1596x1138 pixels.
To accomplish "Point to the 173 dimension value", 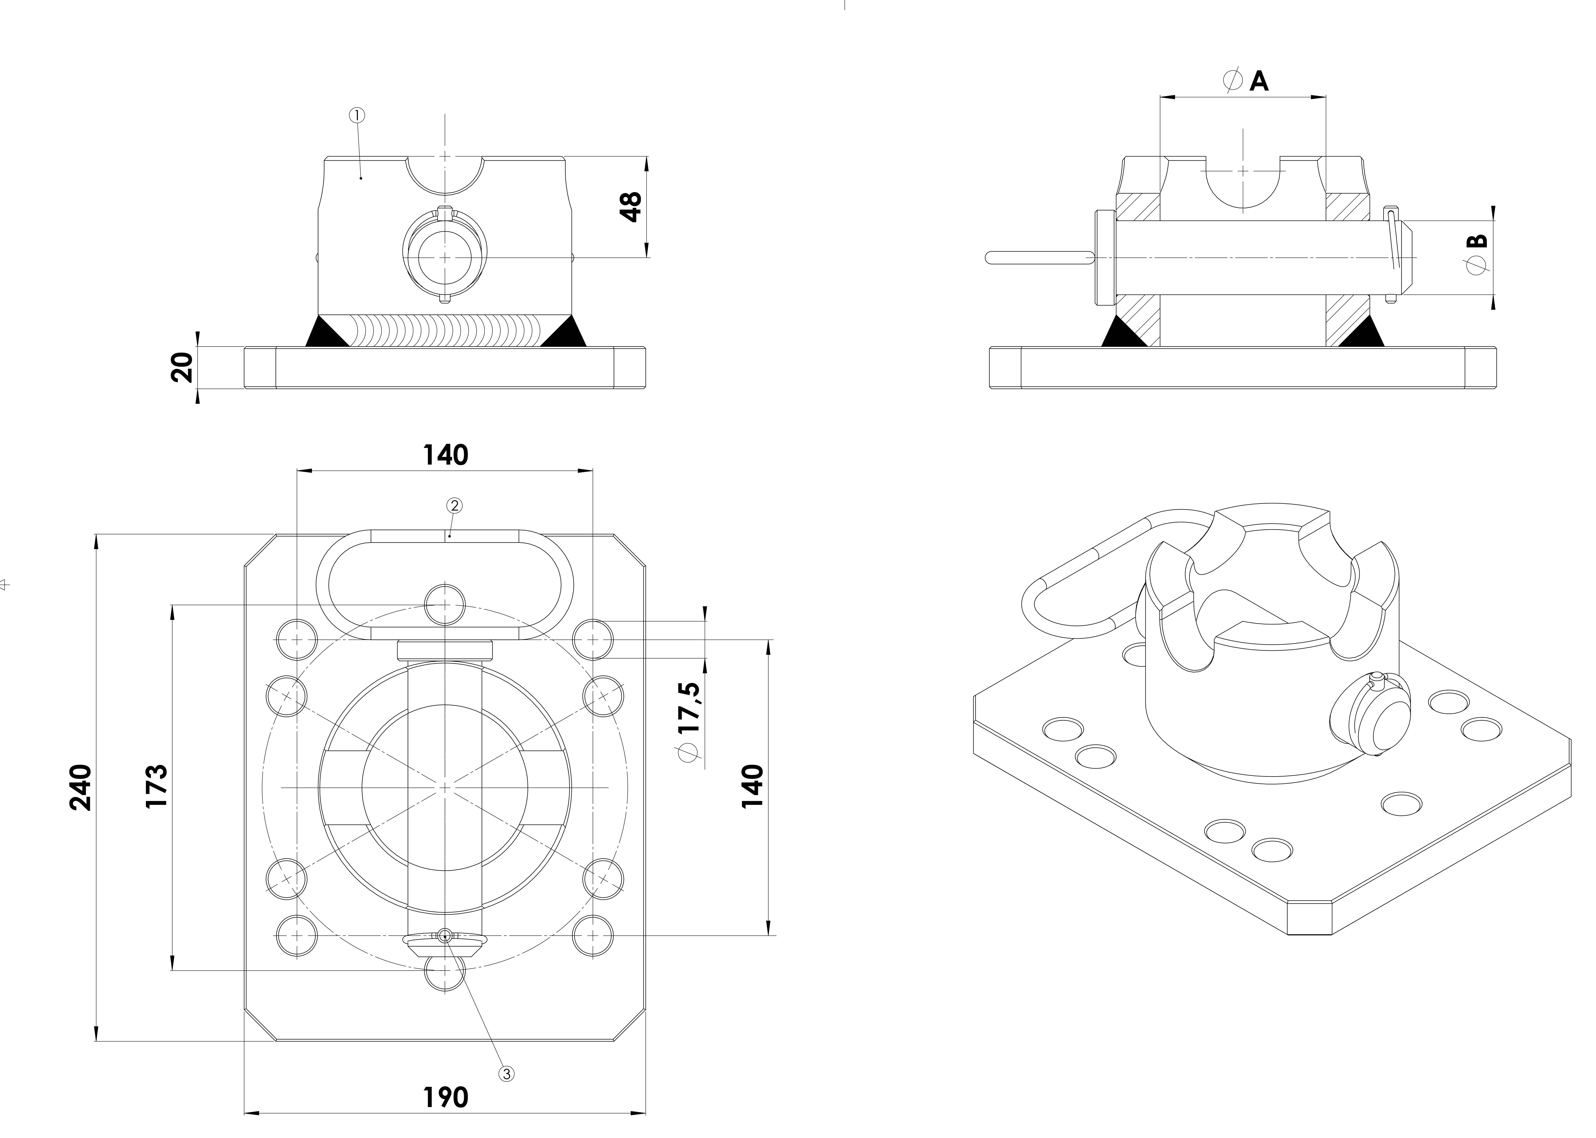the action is [156, 786].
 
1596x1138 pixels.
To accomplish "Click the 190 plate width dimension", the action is [446, 1097].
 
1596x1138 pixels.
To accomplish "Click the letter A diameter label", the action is [1259, 81].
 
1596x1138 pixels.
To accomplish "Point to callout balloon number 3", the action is [506, 1073].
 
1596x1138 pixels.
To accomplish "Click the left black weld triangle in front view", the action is [327, 332].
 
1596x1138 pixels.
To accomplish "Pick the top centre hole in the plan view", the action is [445, 604].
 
